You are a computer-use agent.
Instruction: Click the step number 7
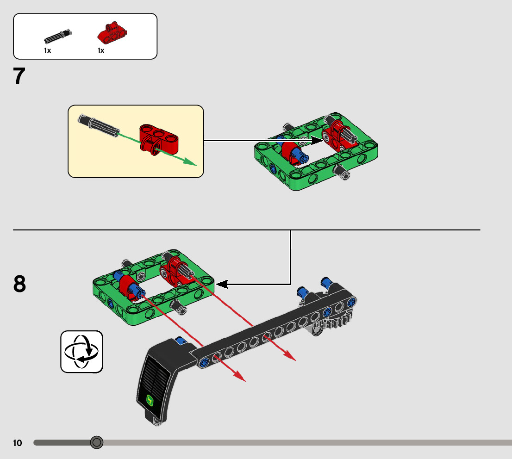coord(19,77)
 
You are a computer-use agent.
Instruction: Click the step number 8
coord(19,284)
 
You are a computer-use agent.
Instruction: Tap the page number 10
coord(18,443)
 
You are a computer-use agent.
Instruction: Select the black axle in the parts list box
coord(58,36)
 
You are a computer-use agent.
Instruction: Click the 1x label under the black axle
coord(47,50)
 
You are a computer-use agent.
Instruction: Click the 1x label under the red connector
coord(101,50)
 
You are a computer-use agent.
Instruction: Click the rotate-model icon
coord(81,351)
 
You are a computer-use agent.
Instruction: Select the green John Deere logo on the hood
coord(150,400)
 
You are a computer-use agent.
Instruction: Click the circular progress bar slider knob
coord(96,443)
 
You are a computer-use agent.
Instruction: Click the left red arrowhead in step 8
coord(239,377)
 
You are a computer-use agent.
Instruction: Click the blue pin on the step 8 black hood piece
coord(181,342)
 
